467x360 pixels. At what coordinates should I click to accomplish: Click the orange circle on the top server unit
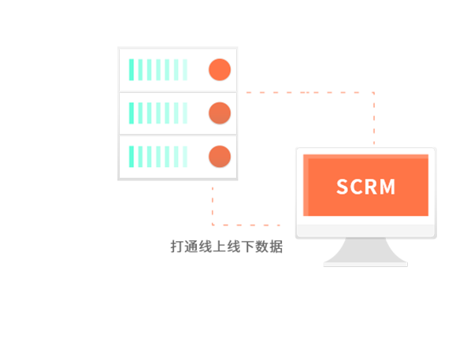[x=220, y=70]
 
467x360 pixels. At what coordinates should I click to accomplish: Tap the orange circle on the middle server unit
[x=220, y=113]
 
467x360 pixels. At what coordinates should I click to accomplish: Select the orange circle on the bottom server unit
[x=220, y=157]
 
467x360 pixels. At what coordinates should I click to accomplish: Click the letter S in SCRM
[x=343, y=187]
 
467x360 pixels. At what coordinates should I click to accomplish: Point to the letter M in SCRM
[x=387, y=187]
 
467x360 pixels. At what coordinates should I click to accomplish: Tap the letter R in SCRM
[x=371, y=187]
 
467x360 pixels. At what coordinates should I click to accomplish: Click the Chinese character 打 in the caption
[x=177, y=247]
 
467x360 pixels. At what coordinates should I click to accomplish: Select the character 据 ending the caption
[x=276, y=247]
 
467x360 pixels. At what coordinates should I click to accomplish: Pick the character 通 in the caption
[x=191, y=247]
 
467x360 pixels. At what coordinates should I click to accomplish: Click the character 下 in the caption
[x=247, y=247]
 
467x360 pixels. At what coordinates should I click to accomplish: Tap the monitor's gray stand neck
[x=365, y=250]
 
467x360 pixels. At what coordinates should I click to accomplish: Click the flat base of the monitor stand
[x=365, y=265]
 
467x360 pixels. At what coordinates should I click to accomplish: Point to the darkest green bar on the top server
[x=132, y=70]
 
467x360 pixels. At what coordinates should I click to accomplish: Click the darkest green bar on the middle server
[x=132, y=113]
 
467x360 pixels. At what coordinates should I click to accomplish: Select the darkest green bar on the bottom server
[x=132, y=157]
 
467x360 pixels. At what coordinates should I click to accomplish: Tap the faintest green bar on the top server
[x=185, y=70]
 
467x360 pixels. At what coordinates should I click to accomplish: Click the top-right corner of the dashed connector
[x=374, y=93]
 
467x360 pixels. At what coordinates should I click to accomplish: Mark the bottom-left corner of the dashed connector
[x=213, y=225]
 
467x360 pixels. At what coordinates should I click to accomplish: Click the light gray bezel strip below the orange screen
[x=365, y=230]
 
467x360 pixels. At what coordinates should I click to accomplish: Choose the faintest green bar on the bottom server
[x=185, y=157]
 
